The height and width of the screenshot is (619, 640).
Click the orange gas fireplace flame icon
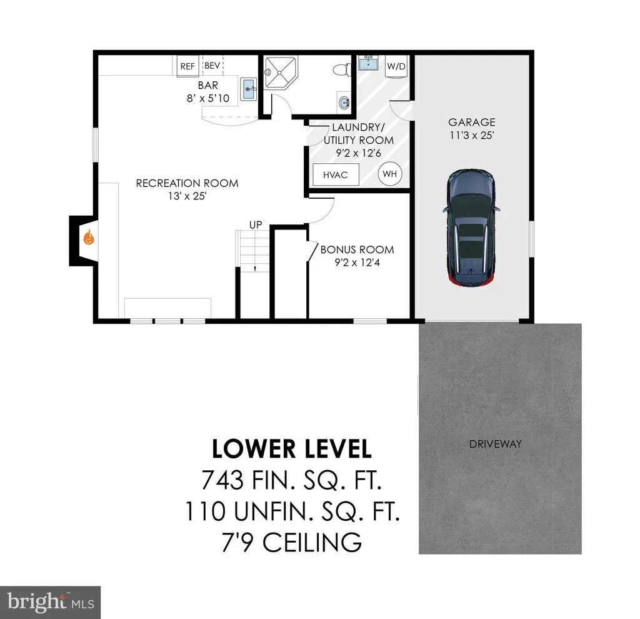coord(89,237)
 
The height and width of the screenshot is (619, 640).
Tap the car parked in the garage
coord(471,228)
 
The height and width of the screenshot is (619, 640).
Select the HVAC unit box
coord(336,174)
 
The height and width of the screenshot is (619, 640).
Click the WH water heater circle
coord(390,174)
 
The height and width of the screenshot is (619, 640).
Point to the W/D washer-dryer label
coord(396,66)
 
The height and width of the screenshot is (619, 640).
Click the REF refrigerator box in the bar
coord(187,66)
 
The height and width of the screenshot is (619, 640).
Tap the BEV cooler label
coord(212,66)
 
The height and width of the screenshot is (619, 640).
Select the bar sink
coord(249,89)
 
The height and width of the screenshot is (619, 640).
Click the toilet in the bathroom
coord(342,70)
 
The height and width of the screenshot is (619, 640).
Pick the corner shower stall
coord(281,73)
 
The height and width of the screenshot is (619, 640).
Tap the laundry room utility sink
coord(369,63)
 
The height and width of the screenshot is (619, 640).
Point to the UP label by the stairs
coord(256,225)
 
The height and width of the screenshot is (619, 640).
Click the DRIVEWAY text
coord(496,444)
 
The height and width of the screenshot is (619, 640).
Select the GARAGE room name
coord(472,122)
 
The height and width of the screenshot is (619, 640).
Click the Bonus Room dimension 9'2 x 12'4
coord(357,263)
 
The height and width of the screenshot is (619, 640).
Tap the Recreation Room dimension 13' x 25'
coord(187,196)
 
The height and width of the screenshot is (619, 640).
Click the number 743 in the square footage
coord(222,480)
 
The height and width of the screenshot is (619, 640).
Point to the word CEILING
coord(312,543)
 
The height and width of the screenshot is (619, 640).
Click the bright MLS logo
coord(50,602)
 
